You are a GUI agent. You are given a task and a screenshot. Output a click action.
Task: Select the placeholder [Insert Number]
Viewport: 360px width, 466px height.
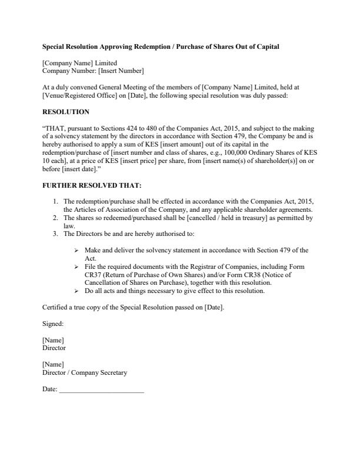point(121,71)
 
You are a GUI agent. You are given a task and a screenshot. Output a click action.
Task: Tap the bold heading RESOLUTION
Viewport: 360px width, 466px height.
point(66,112)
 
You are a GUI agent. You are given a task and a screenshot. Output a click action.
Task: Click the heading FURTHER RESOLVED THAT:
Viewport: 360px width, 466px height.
point(92,185)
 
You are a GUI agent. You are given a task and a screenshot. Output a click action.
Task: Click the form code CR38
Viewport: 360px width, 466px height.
point(248,274)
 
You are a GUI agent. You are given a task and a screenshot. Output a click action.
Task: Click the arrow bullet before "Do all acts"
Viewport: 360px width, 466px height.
point(77,291)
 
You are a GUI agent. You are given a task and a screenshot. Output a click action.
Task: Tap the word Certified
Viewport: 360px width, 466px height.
point(56,307)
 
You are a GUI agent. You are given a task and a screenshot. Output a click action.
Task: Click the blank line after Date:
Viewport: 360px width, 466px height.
point(101,390)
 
